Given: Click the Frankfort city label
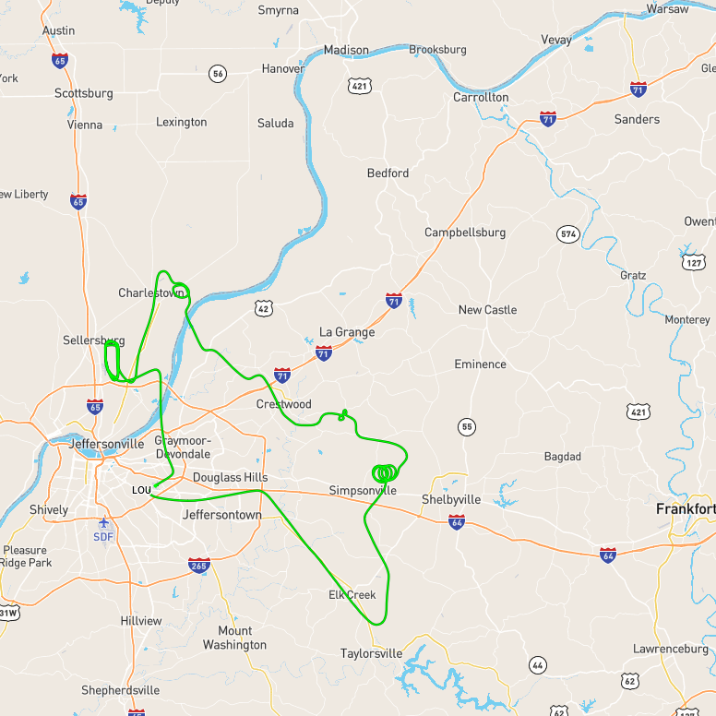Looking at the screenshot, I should [686, 508].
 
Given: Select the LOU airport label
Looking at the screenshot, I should [141, 489].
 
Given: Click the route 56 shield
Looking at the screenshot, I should [218, 74].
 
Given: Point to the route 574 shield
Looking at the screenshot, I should [567, 234].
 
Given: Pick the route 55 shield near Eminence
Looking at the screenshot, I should [467, 426].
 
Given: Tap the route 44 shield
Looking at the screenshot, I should [538, 664].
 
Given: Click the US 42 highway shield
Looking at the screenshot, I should [264, 308].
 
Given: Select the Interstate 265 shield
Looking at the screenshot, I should [198, 565].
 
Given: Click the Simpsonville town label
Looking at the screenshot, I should [363, 490].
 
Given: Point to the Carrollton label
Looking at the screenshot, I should [481, 97].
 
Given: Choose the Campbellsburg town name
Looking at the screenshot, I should [465, 233].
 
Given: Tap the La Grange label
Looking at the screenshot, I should [347, 332].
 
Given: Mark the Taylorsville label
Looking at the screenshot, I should [371, 653].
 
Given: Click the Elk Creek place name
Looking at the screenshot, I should [352, 595].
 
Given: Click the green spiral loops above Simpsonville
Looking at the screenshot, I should [386, 472].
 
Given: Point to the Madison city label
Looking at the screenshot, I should [346, 50].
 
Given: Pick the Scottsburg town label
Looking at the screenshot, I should [84, 93].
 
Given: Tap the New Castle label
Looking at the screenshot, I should [487, 309].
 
